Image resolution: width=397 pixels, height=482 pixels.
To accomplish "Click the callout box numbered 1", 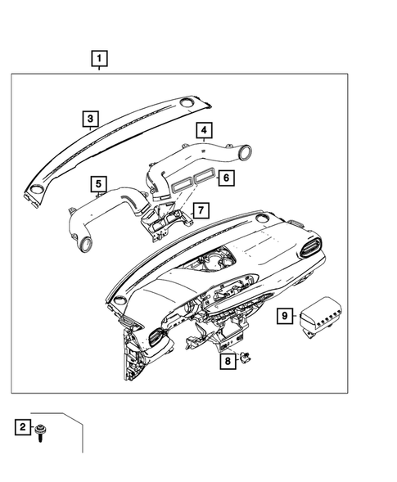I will tap(99, 58).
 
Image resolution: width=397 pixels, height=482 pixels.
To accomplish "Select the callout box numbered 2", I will tap(23, 427).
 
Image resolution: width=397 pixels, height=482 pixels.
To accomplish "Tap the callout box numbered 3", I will tap(91, 119).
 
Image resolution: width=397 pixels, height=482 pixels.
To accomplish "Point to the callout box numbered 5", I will tap(98, 184).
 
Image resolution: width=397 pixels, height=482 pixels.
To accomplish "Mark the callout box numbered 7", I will tap(197, 211).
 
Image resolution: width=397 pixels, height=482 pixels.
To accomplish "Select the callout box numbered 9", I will tap(284, 315).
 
